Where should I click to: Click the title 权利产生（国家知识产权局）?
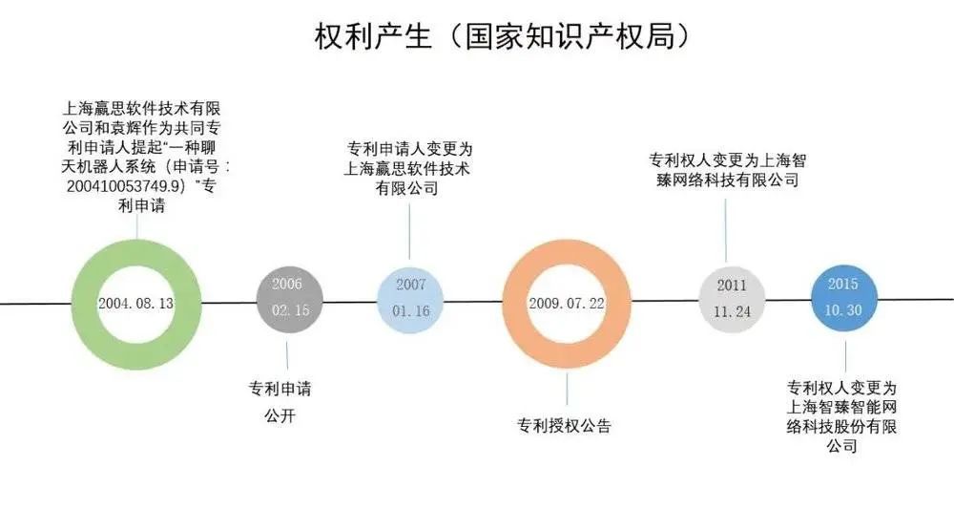pyautogui.click(x=503, y=37)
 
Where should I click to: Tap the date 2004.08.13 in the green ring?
pyautogui.click(x=136, y=304)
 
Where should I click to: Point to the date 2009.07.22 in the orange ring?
pyautogui.click(x=567, y=304)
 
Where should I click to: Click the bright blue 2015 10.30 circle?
pyautogui.click(x=844, y=298)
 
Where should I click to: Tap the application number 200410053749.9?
pyautogui.click(x=124, y=186)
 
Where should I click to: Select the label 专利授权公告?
pyautogui.click(x=564, y=425)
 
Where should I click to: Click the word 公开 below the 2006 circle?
pyautogui.click(x=280, y=415)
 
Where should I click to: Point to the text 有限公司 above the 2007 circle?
pyautogui.click(x=407, y=188)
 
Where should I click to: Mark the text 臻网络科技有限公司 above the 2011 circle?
pyautogui.click(x=728, y=180)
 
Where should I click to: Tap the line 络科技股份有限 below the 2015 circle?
pyautogui.click(x=841, y=426)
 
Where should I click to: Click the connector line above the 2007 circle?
pyautogui.click(x=409, y=232)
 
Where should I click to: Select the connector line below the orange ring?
pyautogui.click(x=567, y=389)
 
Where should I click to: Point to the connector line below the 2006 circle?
pyautogui.click(x=287, y=355)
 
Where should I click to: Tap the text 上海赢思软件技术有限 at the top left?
pyautogui.click(x=142, y=109)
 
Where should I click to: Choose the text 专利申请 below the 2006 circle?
pyautogui.click(x=280, y=389)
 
